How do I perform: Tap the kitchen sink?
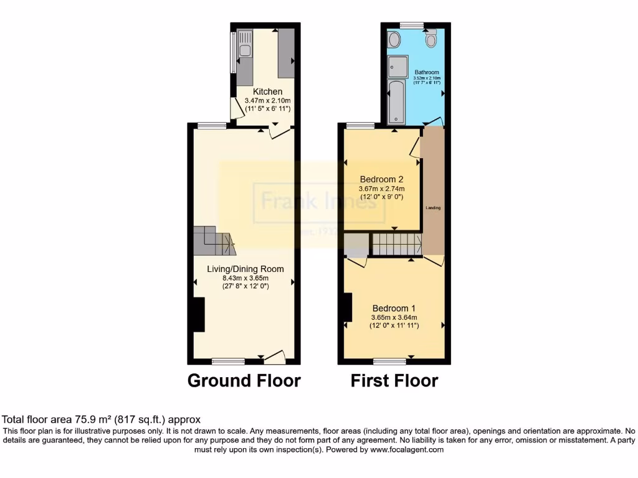[x=245, y=50]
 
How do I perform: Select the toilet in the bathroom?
[x=431, y=40]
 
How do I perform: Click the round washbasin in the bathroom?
[x=394, y=40]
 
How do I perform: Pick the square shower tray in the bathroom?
[x=397, y=66]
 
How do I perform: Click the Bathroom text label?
[x=427, y=72]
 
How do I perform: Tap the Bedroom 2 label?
[x=381, y=179]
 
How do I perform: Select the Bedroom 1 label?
[x=394, y=308]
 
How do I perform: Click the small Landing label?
[x=433, y=208]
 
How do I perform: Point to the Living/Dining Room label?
[x=245, y=269]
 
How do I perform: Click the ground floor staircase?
[x=214, y=241]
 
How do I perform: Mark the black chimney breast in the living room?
[x=199, y=314]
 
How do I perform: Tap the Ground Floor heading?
[x=244, y=380]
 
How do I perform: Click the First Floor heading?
[x=394, y=380]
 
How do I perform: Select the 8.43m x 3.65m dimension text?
[x=245, y=278]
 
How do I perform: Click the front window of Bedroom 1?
[x=389, y=360]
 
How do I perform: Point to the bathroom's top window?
[x=412, y=25]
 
